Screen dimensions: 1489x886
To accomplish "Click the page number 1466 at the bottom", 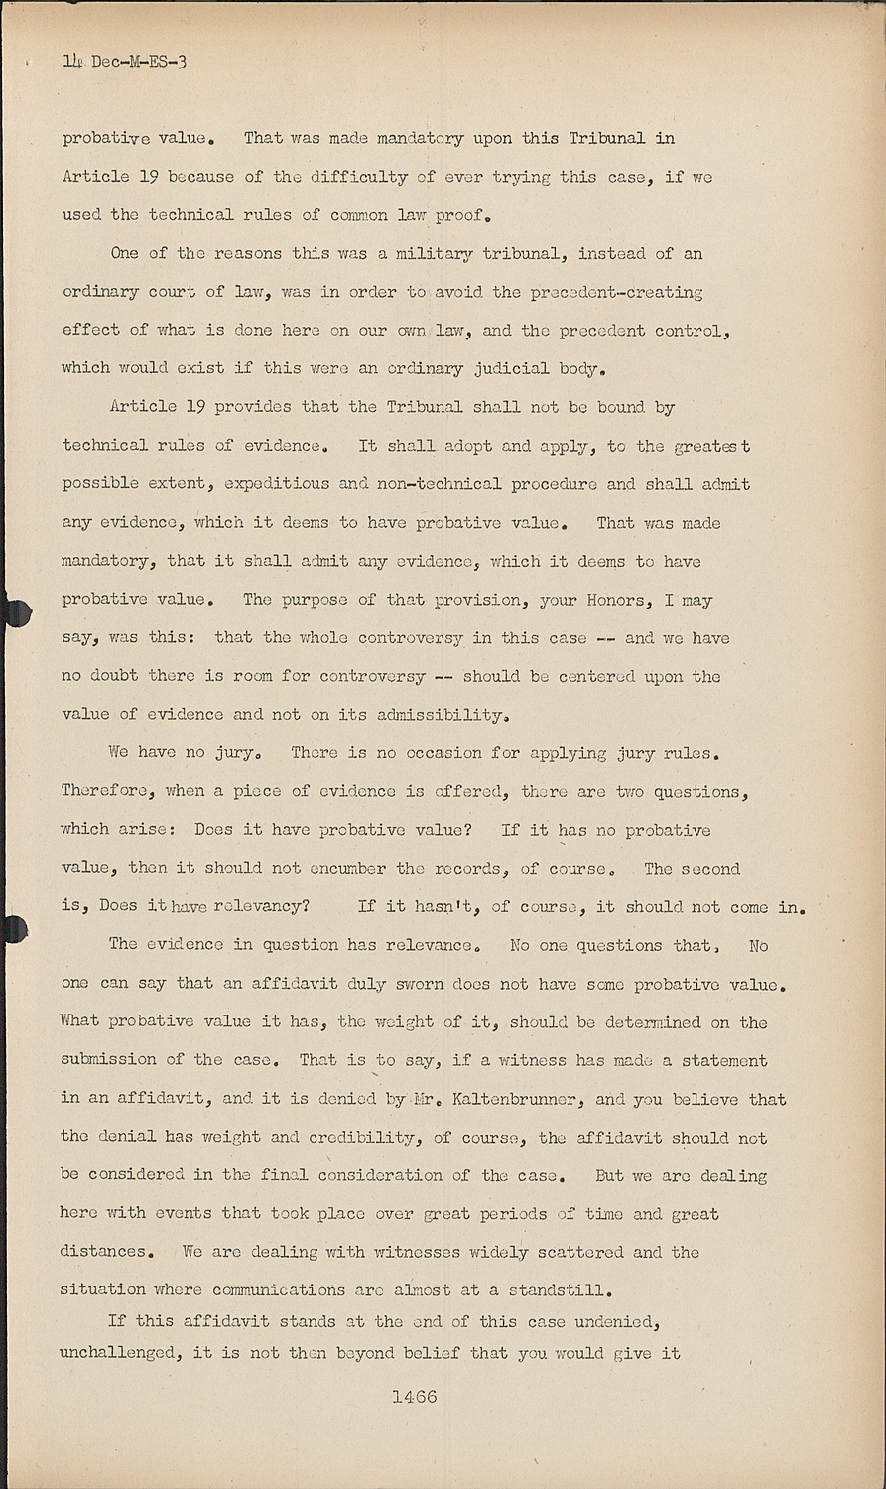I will click(414, 1397).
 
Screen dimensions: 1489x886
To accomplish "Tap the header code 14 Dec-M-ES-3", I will click(124, 62).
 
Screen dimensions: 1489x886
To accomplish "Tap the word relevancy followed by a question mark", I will click(265, 906).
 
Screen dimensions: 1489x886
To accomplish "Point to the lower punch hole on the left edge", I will click(15, 928).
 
